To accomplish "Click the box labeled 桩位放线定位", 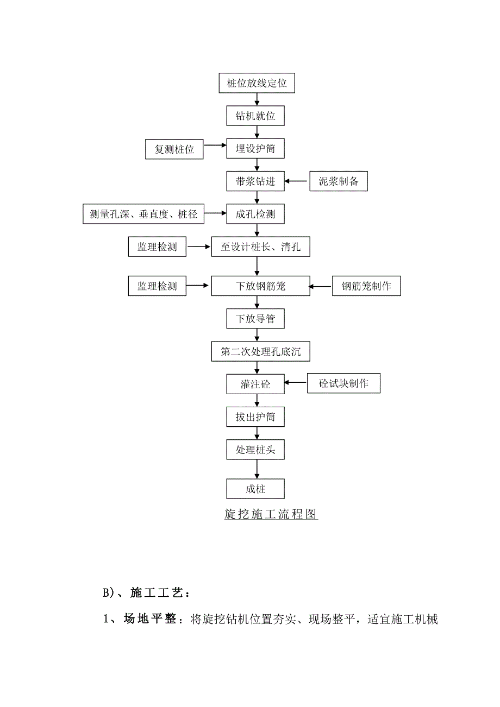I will [x=257, y=84].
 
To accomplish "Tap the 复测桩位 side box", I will [x=174, y=149].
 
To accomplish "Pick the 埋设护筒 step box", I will [x=255, y=149].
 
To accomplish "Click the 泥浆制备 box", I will [x=339, y=181].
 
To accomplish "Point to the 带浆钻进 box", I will [x=255, y=181].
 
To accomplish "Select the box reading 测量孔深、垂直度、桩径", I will [x=143, y=214].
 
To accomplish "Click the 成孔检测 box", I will [x=255, y=214].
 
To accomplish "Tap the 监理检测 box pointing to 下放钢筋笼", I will [x=157, y=286].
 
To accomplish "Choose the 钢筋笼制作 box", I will [x=366, y=286].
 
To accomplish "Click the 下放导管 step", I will [x=255, y=319].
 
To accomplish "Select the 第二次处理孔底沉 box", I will [x=260, y=352].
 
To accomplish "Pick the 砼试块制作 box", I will [x=343, y=384].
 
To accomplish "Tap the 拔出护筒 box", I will [x=255, y=418].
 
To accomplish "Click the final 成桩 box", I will [x=255, y=489].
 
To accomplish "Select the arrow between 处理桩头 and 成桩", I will [x=255, y=469].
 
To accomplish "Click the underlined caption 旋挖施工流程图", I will [x=271, y=514].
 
